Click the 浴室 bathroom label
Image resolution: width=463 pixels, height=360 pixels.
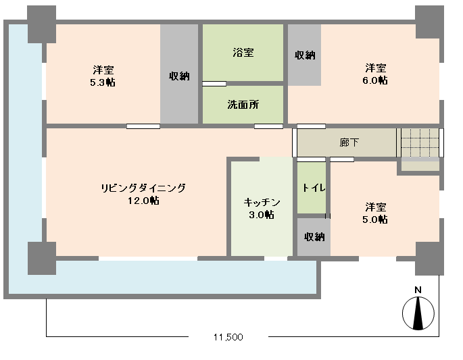[x=243, y=53]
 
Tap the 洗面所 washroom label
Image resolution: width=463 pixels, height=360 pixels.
[x=243, y=105]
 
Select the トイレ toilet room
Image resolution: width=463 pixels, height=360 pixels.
[x=312, y=188]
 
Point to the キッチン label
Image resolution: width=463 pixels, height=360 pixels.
[x=262, y=203]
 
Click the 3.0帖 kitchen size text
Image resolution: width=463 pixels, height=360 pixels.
[x=262, y=215]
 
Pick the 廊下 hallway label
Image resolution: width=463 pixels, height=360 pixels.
[x=349, y=143]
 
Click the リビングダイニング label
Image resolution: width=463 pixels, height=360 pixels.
[x=143, y=188]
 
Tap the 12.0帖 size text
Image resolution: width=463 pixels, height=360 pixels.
[x=143, y=201]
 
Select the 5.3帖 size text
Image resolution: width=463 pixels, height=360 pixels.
[x=103, y=82]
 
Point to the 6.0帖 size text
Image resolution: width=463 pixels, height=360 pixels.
[x=375, y=80]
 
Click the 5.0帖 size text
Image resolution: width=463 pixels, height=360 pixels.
[x=375, y=220]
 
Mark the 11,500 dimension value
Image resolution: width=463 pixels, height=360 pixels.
[x=228, y=337]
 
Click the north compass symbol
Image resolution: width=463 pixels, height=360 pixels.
[x=418, y=313]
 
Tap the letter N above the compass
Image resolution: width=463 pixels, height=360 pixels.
[x=418, y=290]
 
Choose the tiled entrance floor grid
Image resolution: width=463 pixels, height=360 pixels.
[x=420, y=143]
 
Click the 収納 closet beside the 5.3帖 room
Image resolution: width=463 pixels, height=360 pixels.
[x=179, y=74]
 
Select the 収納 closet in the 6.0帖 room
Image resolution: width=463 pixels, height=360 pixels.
[x=304, y=55]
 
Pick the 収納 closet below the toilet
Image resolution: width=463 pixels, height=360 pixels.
[x=314, y=237]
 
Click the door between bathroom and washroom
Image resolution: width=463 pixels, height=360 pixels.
[x=214, y=84]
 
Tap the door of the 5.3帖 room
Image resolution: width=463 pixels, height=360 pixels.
[x=143, y=126]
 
